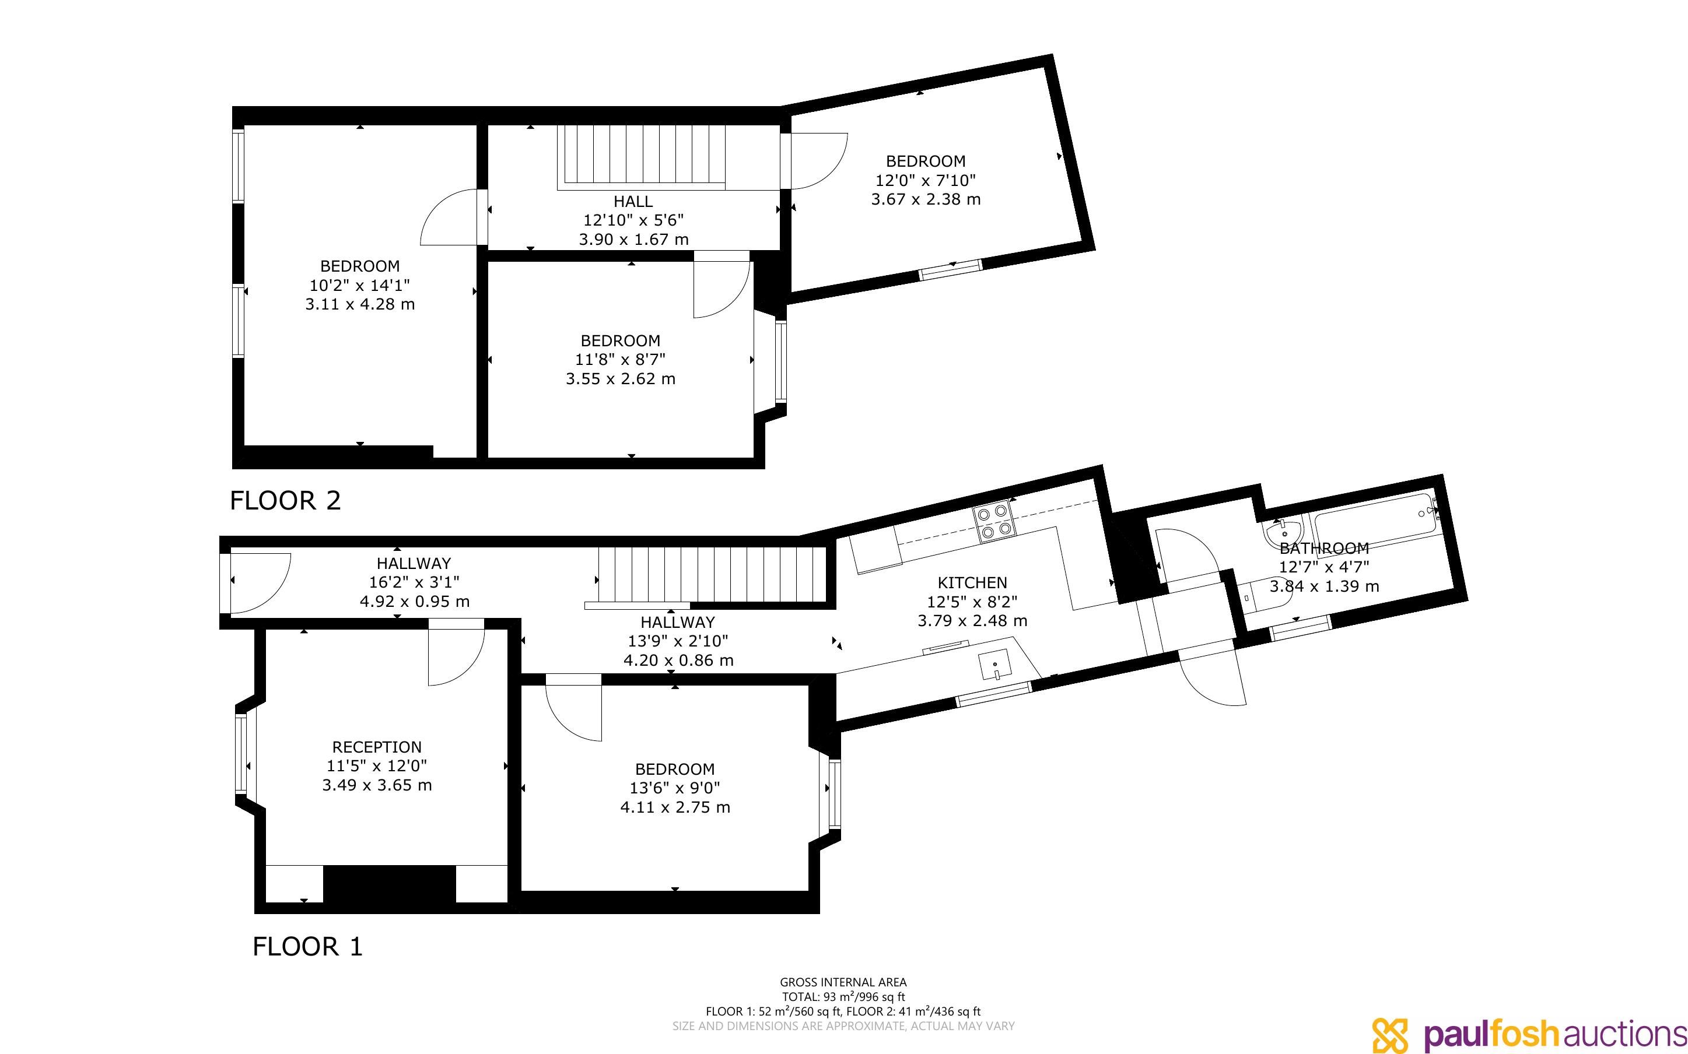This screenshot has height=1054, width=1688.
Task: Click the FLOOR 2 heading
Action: (x=285, y=501)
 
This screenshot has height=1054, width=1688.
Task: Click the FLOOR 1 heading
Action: (x=307, y=947)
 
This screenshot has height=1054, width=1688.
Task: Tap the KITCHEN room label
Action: (x=972, y=583)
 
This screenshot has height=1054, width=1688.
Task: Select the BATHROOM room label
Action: (x=1324, y=549)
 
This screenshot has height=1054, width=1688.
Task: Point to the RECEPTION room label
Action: (x=377, y=747)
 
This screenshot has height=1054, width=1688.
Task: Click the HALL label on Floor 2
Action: (x=633, y=202)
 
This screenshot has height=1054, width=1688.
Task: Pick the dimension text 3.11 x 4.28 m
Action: (x=360, y=305)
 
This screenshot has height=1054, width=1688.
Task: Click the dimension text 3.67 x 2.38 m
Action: (x=926, y=199)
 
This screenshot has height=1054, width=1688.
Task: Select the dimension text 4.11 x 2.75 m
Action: (x=675, y=807)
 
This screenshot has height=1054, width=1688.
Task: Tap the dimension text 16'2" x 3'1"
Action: (x=414, y=582)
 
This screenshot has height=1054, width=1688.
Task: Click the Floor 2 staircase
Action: (x=642, y=157)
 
